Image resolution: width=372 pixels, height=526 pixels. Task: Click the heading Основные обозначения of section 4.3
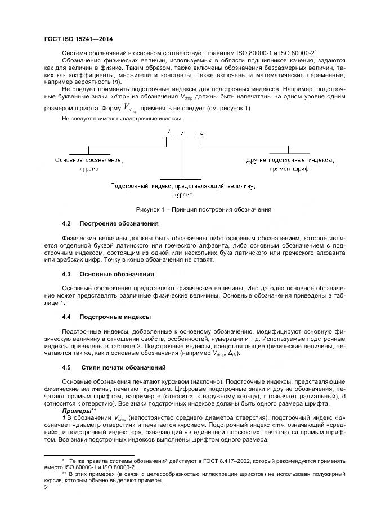pos(116,274)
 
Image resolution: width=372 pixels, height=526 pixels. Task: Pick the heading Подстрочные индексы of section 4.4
pos(116,317)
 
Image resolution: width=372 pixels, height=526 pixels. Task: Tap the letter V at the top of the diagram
pos(167,133)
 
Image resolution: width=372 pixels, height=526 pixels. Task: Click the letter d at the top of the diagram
pos(182,134)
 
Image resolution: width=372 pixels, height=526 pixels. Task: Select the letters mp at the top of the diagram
pos(200,134)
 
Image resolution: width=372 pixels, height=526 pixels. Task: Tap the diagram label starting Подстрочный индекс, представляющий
pos(183,185)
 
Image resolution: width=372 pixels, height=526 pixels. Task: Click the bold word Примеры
pos(76,411)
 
